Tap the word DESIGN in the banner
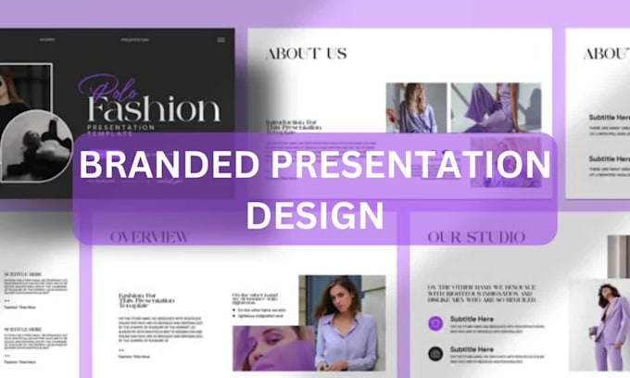pos(315,213)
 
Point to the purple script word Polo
pos(107,88)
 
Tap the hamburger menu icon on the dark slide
pos(220,40)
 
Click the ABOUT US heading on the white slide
pos(307,53)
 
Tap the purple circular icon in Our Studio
pos(435,323)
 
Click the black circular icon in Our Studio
pos(435,354)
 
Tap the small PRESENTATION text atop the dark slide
pos(134,40)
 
